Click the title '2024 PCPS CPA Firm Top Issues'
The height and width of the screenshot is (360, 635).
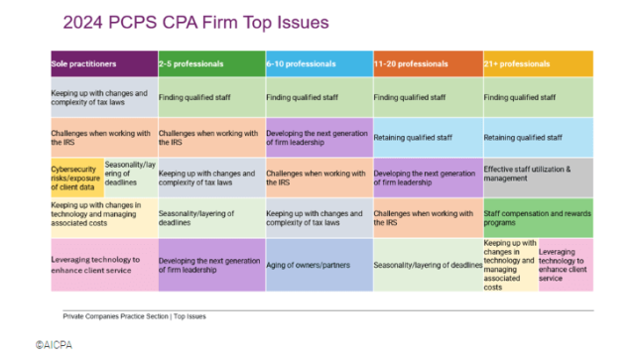[196, 21]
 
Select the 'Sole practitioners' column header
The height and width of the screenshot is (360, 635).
[103, 63]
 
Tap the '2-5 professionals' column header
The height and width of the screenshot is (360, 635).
[209, 63]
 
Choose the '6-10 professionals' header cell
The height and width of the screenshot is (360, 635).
[317, 63]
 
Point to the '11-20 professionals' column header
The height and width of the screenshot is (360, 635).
[427, 63]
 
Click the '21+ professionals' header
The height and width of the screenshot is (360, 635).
[537, 63]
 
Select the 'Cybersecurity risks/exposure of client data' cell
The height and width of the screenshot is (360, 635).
[76, 177]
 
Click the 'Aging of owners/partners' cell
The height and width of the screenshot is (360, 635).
[317, 265]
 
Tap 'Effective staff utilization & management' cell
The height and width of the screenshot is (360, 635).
[537, 177]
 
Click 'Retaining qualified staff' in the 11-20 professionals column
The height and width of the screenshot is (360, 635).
[427, 137]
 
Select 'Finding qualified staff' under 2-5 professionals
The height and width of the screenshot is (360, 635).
[209, 97]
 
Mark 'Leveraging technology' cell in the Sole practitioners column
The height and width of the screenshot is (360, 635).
[103, 265]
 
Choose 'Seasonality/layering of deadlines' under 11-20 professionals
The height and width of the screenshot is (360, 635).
[427, 265]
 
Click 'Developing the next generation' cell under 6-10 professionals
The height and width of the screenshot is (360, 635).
[317, 137]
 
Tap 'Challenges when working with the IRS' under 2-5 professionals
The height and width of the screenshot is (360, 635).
[209, 137]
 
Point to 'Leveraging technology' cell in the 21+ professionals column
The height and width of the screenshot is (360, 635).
[565, 265]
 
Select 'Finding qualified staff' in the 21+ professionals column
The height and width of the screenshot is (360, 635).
[537, 97]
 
